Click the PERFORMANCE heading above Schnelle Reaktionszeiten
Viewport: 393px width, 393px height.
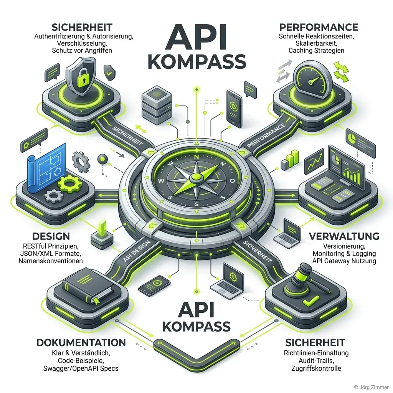click(319, 27)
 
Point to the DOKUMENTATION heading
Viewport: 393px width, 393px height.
click(81, 342)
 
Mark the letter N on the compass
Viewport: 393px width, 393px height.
click(196, 157)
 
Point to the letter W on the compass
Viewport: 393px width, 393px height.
click(162, 181)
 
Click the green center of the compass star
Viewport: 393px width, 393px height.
click(196, 177)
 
